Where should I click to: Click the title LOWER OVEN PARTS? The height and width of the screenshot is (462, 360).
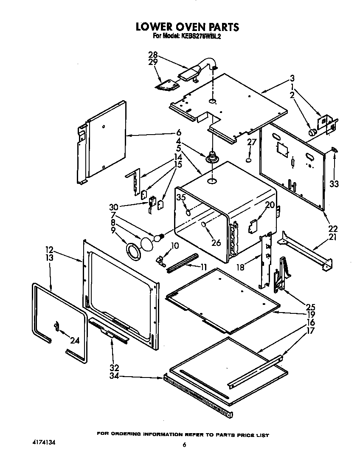[187, 27]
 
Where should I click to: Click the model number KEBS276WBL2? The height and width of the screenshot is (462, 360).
[199, 37]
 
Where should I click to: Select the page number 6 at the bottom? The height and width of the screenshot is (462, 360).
[184, 445]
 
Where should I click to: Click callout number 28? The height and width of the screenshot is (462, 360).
[153, 54]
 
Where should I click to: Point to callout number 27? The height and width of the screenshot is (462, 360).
[252, 142]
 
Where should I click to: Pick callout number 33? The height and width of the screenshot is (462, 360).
[334, 183]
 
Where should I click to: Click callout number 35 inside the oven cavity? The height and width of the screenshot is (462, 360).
[181, 197]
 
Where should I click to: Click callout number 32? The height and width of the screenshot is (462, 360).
[115, 368]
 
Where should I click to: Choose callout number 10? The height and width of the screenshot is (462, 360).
[175, 246]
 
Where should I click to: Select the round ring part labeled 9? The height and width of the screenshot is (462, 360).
[134, 251]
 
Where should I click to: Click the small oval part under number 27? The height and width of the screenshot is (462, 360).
[249, 161]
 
